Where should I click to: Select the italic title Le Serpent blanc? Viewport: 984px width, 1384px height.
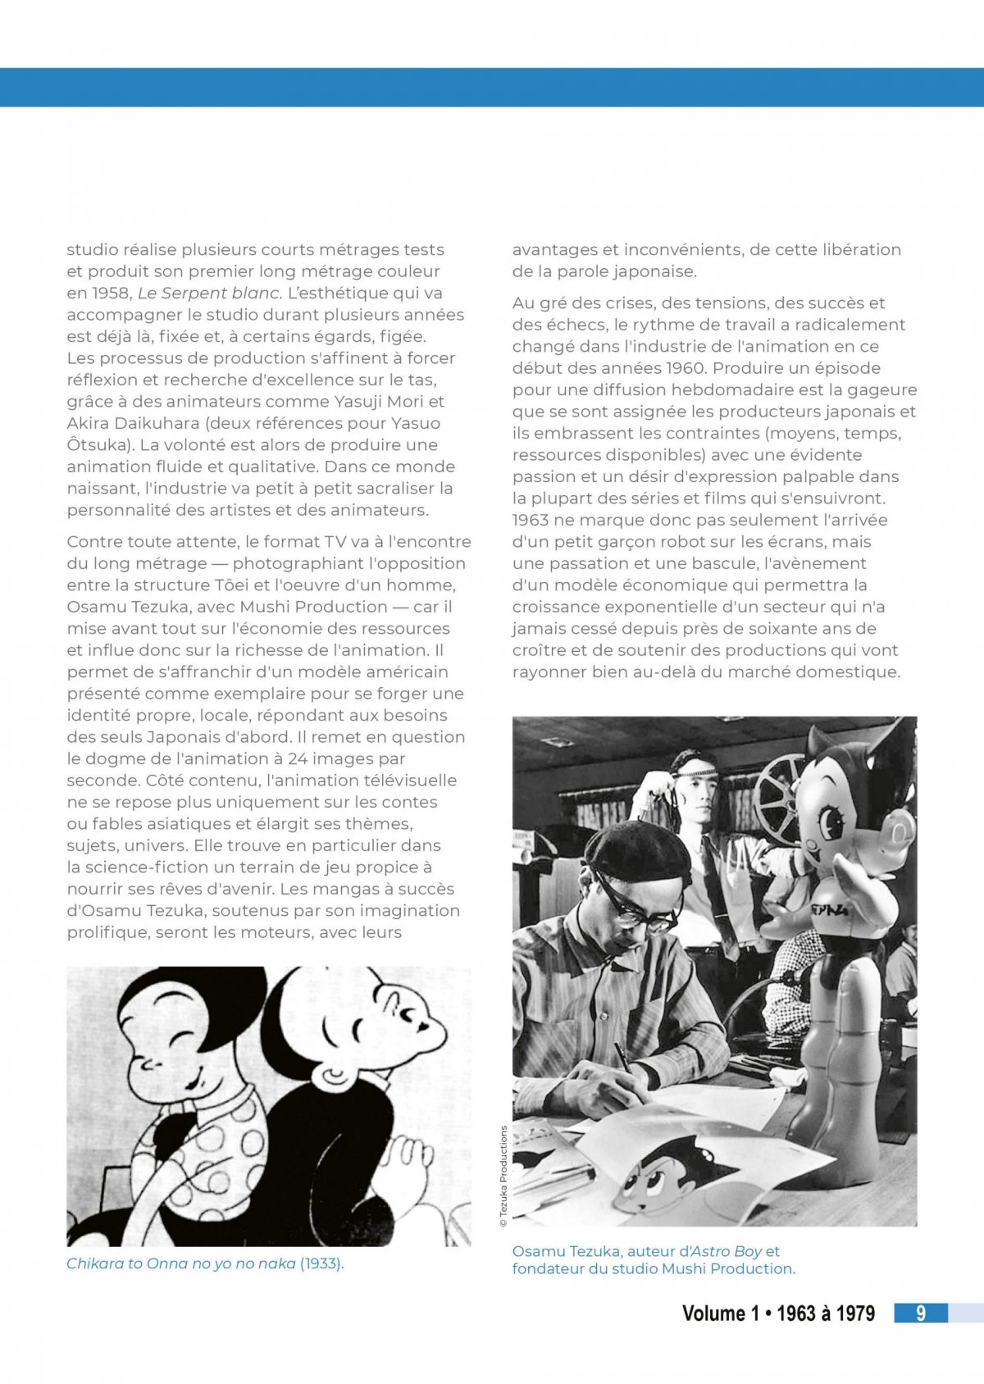(210, 293)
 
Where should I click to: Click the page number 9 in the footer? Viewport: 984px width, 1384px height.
(921, 1313)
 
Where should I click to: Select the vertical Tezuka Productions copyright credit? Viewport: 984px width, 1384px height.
(503, 1176)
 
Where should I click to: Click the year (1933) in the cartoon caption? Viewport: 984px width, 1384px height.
(321, 1263)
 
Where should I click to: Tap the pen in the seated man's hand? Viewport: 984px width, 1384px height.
(622, 1058)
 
